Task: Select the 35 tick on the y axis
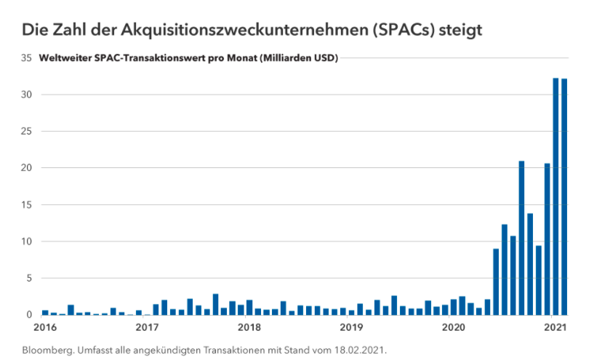point(27,58)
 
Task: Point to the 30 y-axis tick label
point(27,95)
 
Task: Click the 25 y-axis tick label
point(27,132)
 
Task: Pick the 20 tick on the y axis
point(27,168)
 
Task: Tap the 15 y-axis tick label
point(27,205)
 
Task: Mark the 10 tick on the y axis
point(27,241)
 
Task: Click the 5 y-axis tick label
point(30,279)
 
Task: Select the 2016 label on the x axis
point(44,328)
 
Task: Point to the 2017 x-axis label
point(147,328)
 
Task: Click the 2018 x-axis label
point(249,328)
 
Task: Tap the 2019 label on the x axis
point(352,328)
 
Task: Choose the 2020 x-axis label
point(454,328)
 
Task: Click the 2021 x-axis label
point(556,328)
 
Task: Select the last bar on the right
point(564,196)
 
